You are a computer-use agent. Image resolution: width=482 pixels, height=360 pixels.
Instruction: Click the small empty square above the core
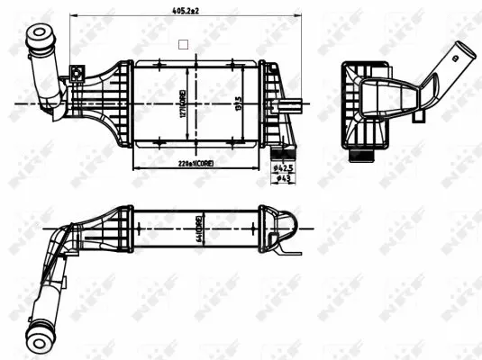[184, 42]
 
